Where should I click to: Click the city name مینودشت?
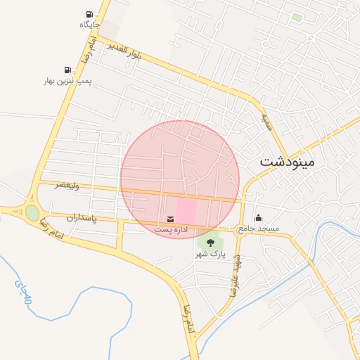[x=288, y=161]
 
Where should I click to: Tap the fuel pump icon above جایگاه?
[x=89, y=15]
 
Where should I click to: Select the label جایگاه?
[x=89, y=25]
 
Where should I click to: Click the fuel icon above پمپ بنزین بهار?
[x=67, y=70]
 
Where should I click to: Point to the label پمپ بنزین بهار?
[x=67, y=82]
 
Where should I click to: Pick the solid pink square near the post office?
[x=186, y=212]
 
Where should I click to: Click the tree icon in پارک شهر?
[x=210, y=243]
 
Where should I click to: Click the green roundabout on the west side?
[x=32, y=212]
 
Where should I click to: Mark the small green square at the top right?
[x=297, y=17]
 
